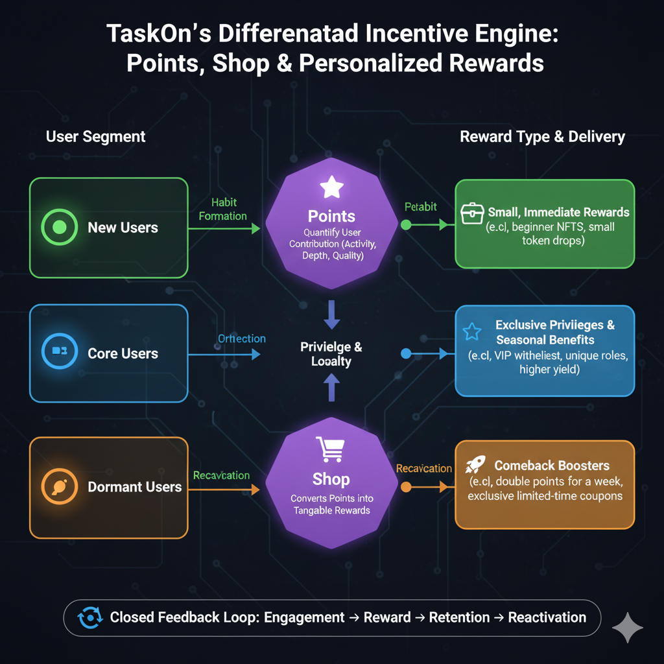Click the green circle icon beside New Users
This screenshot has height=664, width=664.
59,228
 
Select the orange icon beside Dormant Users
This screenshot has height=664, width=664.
59,486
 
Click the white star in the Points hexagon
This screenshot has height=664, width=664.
331,188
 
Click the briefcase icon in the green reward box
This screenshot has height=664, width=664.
472,213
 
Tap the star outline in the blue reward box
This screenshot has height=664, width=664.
471,332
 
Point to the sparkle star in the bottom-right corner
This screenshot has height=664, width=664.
628,628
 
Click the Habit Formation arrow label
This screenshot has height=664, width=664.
222,209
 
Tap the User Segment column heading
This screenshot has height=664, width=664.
96,137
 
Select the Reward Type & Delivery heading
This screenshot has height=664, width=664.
542,137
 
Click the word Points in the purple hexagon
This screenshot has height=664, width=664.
331,216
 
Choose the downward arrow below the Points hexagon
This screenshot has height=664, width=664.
331,314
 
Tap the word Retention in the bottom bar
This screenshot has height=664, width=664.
459,617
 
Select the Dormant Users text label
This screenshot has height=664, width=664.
135,486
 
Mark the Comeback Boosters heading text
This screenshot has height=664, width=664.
552,466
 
